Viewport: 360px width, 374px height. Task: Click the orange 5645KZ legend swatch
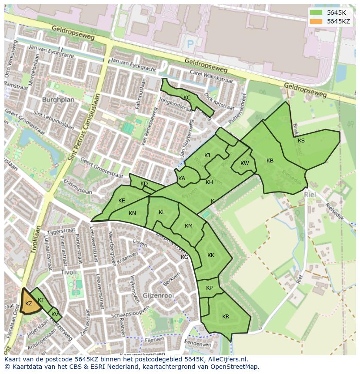click(317, 21)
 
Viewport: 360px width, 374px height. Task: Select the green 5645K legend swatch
click(317, 13)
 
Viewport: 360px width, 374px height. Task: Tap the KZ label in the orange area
click(29, 304)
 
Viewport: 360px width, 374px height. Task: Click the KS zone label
click(301, 140)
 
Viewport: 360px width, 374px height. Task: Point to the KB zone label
click(270, 161)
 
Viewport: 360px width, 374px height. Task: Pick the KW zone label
click(245, 163)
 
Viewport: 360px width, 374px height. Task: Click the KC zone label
click(187, 98)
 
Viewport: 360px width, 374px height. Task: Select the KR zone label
click(226, 316)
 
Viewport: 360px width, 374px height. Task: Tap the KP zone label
click(210, 288)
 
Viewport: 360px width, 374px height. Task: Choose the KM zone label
click(189, 226)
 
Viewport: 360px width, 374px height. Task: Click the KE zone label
click(122, 201)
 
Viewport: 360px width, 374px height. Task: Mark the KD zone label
click(144, 184)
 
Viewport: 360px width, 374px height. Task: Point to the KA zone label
click(182, 179)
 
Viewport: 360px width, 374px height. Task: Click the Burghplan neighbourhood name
click(58, 99)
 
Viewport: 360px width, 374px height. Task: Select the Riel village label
click(310, 195)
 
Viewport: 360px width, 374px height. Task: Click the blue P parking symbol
click(190, 44)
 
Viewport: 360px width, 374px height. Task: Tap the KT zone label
click(41, 300)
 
